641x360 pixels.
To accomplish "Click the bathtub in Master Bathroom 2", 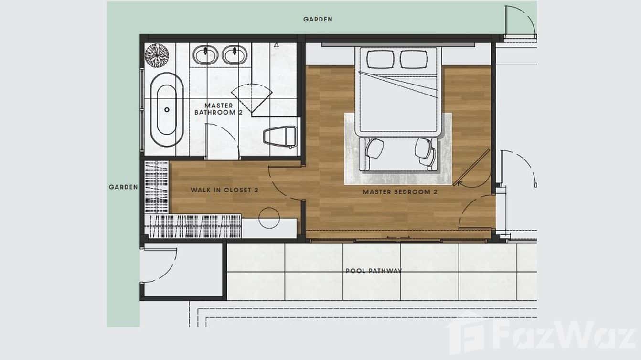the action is pos(167,109).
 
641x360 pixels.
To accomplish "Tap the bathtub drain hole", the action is pos(167,109).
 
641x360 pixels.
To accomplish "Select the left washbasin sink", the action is pos(205,54).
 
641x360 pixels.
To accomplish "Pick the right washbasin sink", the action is pos(235,54).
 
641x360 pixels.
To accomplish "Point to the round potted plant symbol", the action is pos(157,55).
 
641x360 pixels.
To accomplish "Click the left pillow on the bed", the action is pos(380,60).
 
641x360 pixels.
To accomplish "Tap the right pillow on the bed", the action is pos(414,60).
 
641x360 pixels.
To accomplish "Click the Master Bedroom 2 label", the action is pos(400,192).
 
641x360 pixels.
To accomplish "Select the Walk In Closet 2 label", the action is pos(224,190).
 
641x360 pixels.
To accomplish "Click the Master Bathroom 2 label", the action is pos(219,109).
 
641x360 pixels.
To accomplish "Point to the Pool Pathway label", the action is pos(374,271).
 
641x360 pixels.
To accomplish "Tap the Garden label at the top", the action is pos(318,20).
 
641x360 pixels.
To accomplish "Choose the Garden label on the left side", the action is pos(123,187).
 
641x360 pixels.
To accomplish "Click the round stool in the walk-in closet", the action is pos(269,218).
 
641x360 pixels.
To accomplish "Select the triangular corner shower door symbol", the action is pos(252,98).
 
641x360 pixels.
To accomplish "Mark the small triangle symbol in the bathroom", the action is pos(276,45).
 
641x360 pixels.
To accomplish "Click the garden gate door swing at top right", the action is pos(520,22).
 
